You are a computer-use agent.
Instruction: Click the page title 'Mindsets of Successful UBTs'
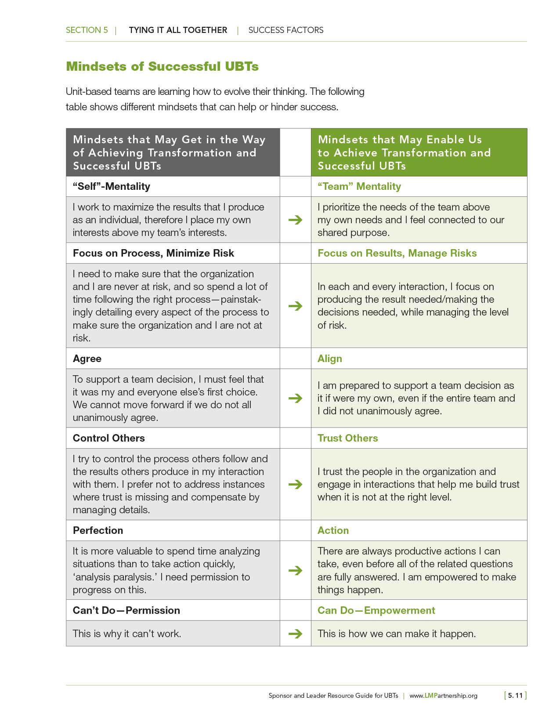162,66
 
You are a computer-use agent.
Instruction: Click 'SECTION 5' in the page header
87,30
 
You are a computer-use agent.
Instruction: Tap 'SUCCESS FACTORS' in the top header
286,30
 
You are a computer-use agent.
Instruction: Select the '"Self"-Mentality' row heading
112,186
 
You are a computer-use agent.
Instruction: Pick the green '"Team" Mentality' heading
359,186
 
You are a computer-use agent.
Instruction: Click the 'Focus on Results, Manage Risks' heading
397,253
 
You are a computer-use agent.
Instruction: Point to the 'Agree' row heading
87,359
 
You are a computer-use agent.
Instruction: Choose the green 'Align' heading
329,359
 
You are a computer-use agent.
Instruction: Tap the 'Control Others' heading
108,438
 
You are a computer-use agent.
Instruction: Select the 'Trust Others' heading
347,438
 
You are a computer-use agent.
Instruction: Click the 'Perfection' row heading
98,530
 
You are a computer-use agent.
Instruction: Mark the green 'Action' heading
333,530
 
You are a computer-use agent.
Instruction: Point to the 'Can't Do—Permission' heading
126,610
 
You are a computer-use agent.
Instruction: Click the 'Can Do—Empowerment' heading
376,610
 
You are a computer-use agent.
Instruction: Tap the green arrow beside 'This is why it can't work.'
296,634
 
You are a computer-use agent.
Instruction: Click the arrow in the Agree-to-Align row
296,398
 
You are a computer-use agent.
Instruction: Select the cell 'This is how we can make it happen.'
397,634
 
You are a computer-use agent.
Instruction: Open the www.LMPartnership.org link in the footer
443,696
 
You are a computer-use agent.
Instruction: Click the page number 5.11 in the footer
515,696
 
